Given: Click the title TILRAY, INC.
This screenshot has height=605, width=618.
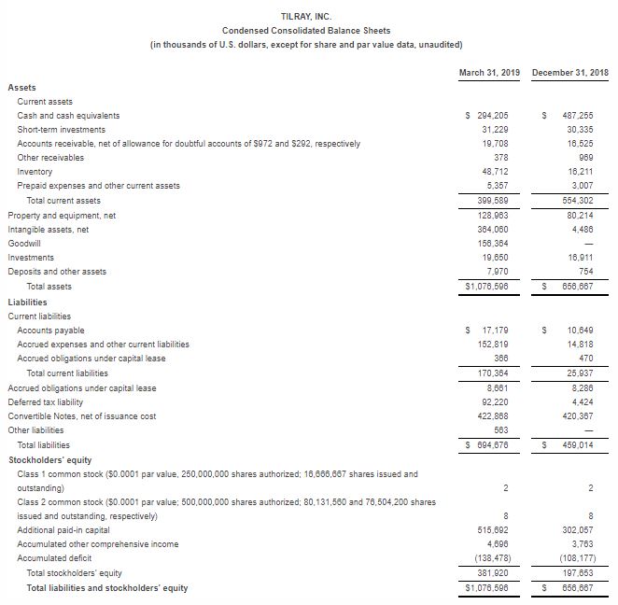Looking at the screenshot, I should pyautogui.click(x=305, y=16).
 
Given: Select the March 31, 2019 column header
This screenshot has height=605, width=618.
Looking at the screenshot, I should pyautogui.click(x=490, y=72).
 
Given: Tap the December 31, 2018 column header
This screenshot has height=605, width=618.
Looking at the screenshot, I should pyautogui.click(x=569, y=72).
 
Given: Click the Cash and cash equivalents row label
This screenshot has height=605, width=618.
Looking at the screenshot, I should pyautogui.click(x=68, y=115).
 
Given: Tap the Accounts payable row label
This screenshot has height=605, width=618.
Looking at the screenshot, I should pyautogui.click(x=51, y=330).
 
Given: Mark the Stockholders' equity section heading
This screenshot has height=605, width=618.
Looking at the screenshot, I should pyautogui.click(x=49, y=459).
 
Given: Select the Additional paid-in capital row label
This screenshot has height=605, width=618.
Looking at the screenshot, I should pyautogui.click(x=65, y=529).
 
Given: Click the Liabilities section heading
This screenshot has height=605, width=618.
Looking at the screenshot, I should pyautogui.click(x=28, y=302).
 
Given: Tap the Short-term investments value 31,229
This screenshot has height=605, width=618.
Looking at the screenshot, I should pyautogui.click(x=495, y=129).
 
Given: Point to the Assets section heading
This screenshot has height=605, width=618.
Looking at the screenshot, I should pyautogui.click(x=22, y=87).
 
